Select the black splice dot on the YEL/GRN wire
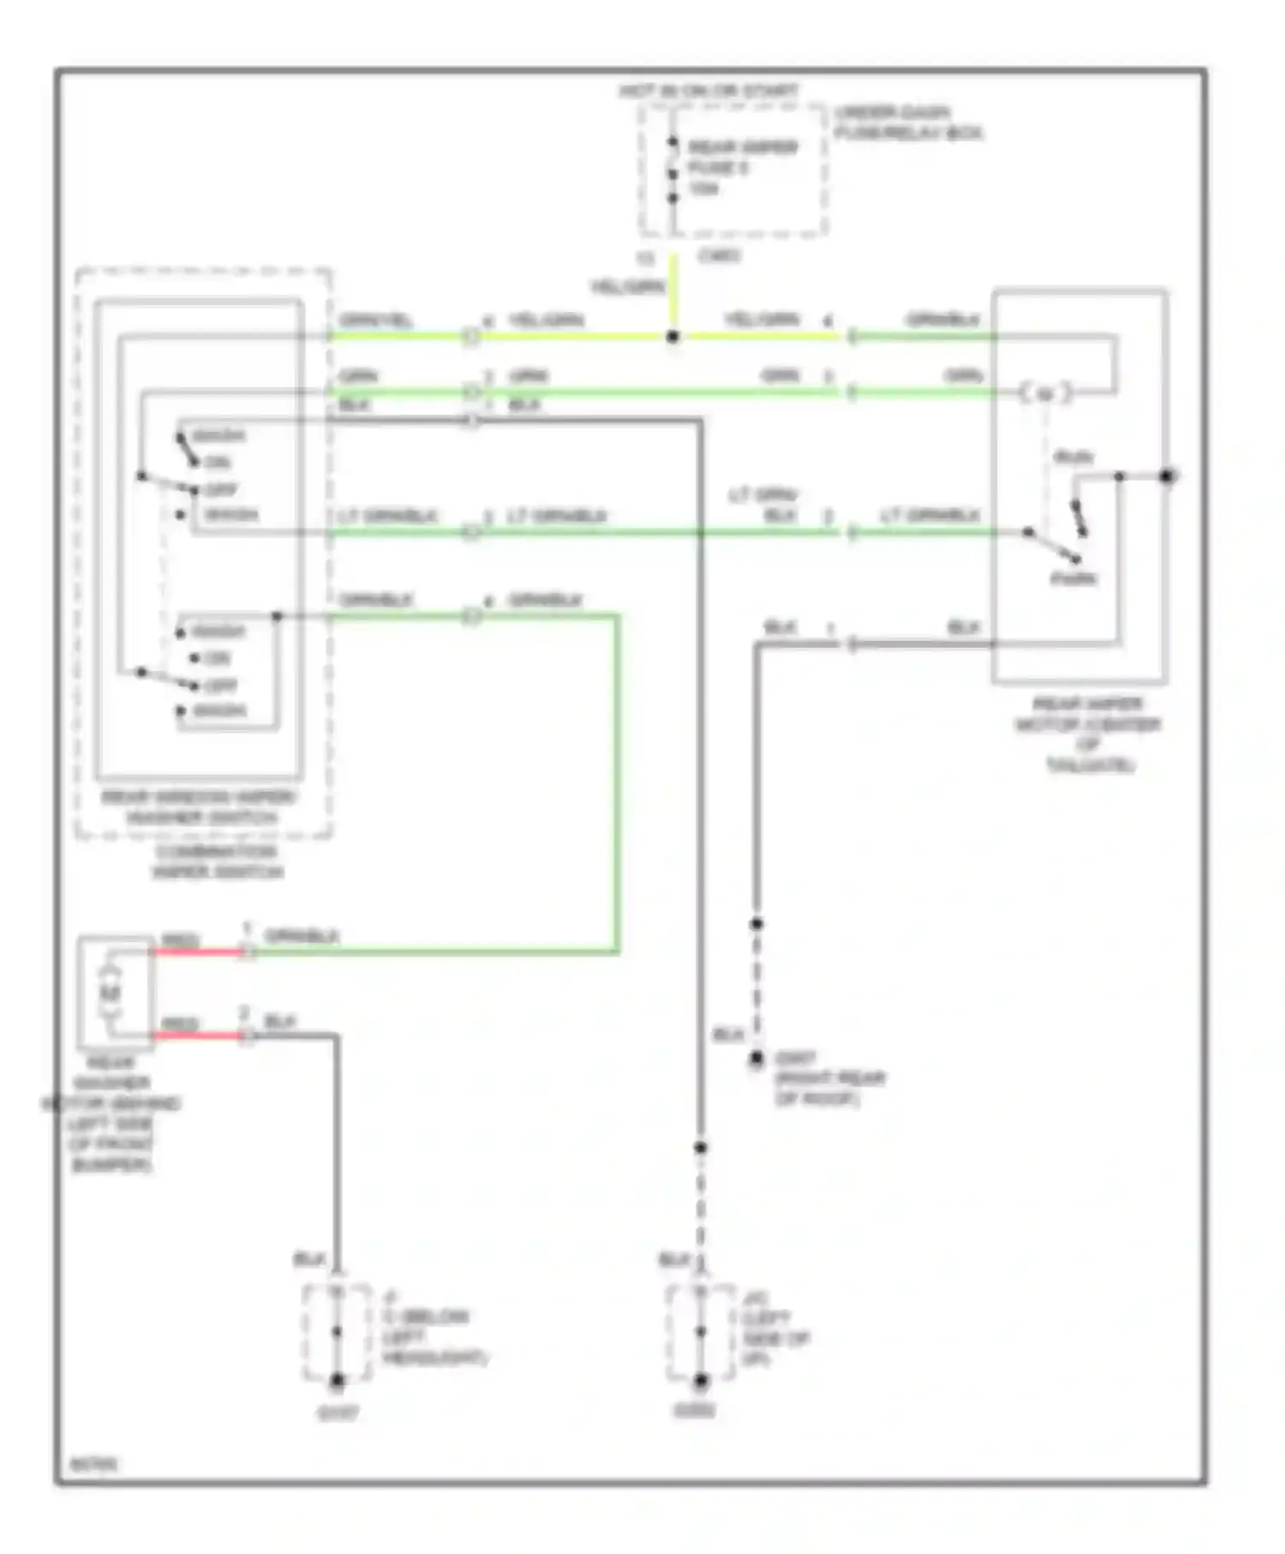pyautogui.click(x=672, y=338)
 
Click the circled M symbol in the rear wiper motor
pyautogui.click(x=1044, y=394)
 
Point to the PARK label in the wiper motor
pyautogui.click(x=1073, y=579)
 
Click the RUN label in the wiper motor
pyautogui.click(x=1073, y=457)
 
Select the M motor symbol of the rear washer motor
pyautogui.click(x=110, y=994)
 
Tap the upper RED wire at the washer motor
pyautogui.click(x=199, y=952)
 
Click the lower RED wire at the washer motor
pyautogui.click(x=199, y=1036)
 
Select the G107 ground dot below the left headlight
pyautogui.click(x=338, y=1380)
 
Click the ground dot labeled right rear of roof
pyautogui.click(x=756, y=1060)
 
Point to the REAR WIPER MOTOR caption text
pyautogui.click(x=1087, y=733)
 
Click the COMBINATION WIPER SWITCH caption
pyautogui.click(x=218, y=862)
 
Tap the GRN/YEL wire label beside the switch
pyautogui.click(x=375, y=321)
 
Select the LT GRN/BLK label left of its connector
pyautogui.click(x=388, y=517)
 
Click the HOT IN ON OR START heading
pyautogui.click(x=709, y=91)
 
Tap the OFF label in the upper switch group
pyautogui.click(x=220, y=490)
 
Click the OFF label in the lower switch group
pyautogui.click(x=220, y=685)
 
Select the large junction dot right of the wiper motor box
pyautogui.click(x=1167, y=476)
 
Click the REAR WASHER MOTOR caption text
pyautogui.click(x=111, y=1114)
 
